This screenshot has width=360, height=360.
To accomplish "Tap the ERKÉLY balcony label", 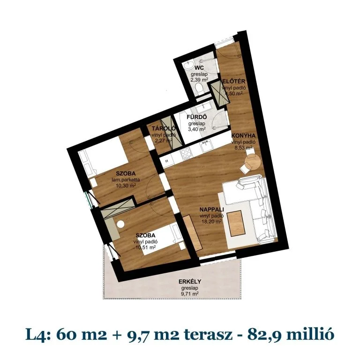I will click(188, 282).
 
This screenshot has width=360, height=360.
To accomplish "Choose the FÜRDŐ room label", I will click(196, 118).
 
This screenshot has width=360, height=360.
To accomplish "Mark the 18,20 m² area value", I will click(210, 222).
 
